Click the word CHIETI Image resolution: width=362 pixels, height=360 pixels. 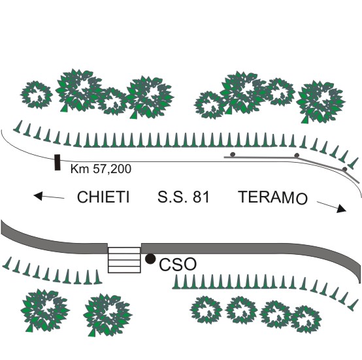click(x=103, y=197)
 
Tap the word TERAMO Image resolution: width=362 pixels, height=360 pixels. click(x=273, y=197)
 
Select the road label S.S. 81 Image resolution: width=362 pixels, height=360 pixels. click(x=184, y=197)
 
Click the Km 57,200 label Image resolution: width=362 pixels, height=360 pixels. click(x=101, y=169)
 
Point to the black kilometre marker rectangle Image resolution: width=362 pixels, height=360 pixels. click(x=58, y=163)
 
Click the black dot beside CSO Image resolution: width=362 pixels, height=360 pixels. click(x=150, y=259)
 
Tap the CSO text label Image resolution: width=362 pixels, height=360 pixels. click(x=178, y=265)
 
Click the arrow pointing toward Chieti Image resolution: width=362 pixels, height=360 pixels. click(x=49, y=197)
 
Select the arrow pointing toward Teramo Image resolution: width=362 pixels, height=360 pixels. click(x=331, y=206)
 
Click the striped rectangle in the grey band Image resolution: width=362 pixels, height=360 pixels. click(x=124, y=260)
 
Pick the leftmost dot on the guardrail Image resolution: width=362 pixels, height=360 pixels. click(x=233, y=154)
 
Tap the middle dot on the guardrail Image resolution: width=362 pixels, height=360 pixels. click(x=297, y=155)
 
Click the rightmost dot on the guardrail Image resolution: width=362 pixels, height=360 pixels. click(x=345, y=169)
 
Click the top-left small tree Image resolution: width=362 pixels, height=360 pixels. click(x=36, y=95)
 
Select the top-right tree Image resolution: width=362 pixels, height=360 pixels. click(x=321, y=101)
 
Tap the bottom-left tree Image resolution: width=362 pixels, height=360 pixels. click(x=45, y=310)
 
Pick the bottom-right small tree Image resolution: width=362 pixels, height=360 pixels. click(x=306, y=319)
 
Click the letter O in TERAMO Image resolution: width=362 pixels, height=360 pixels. click(x=301, y=199)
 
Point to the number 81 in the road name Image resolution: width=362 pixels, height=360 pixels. click(x=201, y=197)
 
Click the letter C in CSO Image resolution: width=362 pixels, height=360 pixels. click(x=165, y=265)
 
